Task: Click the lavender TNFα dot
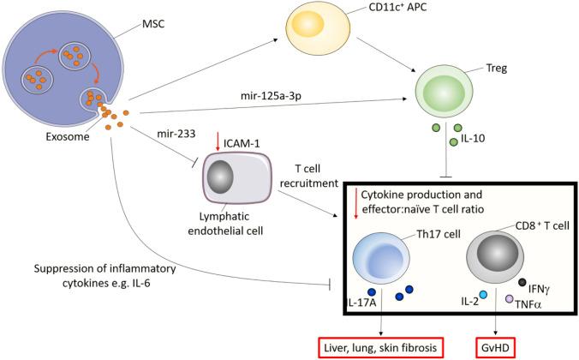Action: coord(509,298)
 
